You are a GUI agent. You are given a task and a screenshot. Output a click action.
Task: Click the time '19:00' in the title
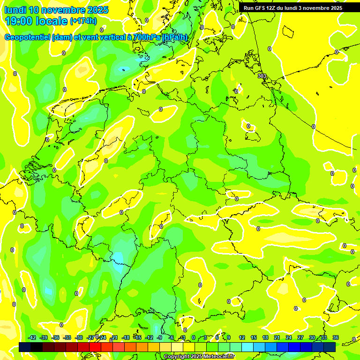click(19, 21)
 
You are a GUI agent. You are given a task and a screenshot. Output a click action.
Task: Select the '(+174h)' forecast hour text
click(83, 21)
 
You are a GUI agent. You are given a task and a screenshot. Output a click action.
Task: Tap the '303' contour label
click(262, 76)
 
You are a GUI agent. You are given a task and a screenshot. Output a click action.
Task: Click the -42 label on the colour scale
click(32, 337)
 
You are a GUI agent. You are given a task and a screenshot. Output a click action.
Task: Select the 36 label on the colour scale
click(336, 337)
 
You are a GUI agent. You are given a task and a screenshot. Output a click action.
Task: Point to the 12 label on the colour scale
click(242, 337)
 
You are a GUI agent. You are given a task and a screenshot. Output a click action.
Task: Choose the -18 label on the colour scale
click(126, 337)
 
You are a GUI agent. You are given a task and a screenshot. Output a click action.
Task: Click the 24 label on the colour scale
click(289, 337)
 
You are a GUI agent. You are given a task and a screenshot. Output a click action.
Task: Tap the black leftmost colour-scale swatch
click(25, 347)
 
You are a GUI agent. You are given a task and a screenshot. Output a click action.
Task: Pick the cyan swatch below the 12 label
click(241, 347)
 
